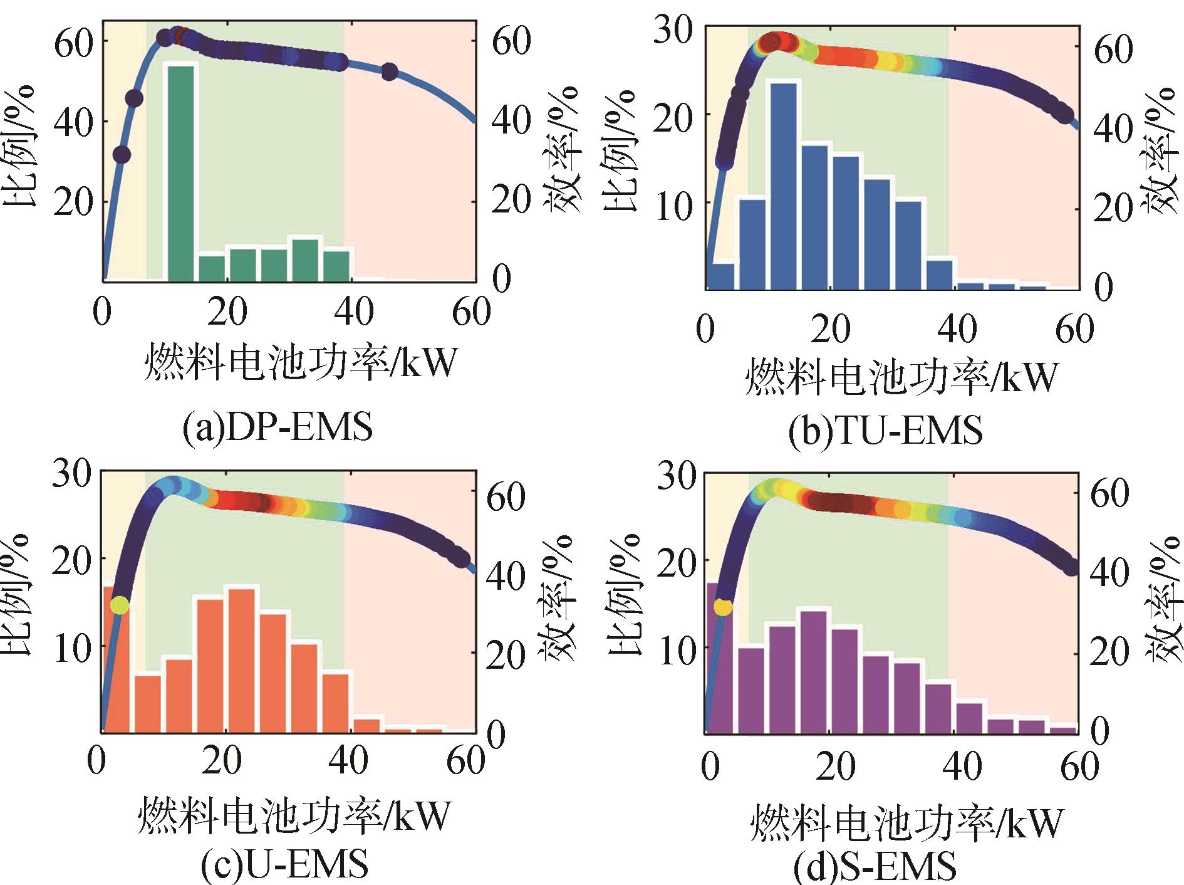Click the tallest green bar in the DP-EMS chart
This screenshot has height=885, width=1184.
tap(180, 172)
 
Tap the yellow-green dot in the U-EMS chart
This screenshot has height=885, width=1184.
tap(120, 605)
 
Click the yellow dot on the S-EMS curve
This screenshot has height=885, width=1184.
tap(722, 607)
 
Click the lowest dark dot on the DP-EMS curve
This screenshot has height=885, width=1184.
tap(122, 154)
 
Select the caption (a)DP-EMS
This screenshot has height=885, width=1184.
tap(277, 428)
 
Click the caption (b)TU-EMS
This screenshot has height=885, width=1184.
tap(885, 431)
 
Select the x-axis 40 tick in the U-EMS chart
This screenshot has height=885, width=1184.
tap(348, 761)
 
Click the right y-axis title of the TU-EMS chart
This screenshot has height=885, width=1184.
tap(1163, 150)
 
